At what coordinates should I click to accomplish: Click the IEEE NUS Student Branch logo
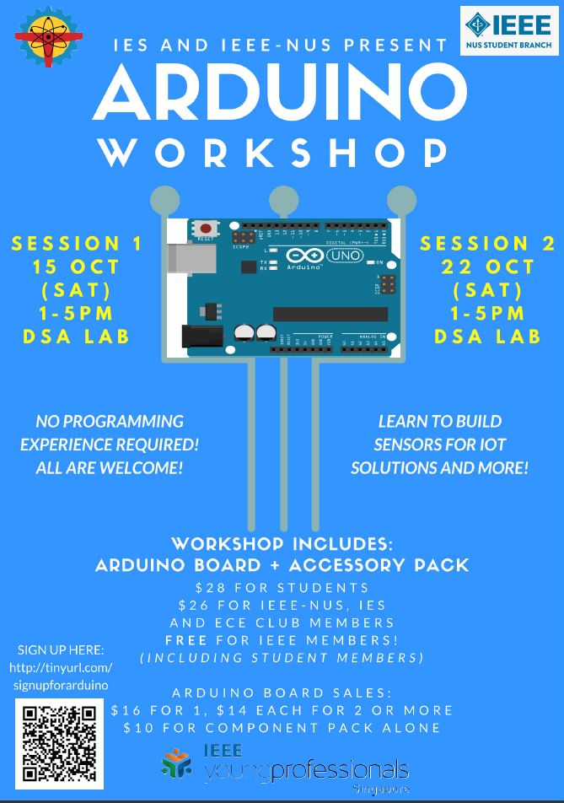click(508, 30)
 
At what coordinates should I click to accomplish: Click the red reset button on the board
click(205, 228)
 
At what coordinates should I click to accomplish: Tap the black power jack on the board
click(197, 336)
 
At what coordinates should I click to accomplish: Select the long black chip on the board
click(330, 314)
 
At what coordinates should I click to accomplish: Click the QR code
click(59, 742)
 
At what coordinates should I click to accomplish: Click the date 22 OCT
click(488, 267)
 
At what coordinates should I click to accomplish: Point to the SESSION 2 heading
click(488, 244)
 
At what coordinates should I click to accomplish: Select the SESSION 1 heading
click(78, 245)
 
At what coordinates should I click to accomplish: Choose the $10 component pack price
click(135, 727)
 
